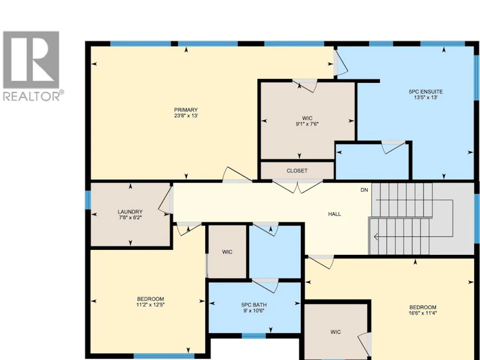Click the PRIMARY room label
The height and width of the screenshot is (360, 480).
pyautogui.click(x=185, y=110)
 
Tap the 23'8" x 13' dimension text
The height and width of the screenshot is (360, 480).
pyautogui.click(x=186, y=115)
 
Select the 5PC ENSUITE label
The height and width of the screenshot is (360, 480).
pyautogui.click(x=426, y=92)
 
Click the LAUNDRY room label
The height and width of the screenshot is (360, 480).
pyautogui.click(x=130, y=212)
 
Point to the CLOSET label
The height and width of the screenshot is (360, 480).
pyautogui.click(x=297, y=171)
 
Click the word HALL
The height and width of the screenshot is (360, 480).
pyautogui.click(x=335, y=214)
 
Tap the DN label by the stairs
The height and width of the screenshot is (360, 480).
pyautogui.click(x=364, y=190)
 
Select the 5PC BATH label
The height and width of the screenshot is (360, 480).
pyautogui.click(x=254, y=305)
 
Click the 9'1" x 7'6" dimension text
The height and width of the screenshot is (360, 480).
pyautogui.click(x=307, y=124)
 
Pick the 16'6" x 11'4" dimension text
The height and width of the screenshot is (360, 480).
pyautogui.click(x=423, y=313)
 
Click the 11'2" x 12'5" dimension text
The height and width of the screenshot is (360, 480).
pyautogui.click(x=150, y=305)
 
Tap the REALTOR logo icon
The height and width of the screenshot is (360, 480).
pyautogui.click(x=31, y=60)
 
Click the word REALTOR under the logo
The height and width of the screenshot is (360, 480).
pyautogui.click(x=31, y=96)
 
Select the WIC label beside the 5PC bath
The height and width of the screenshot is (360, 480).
pyautogui.click(x=227, y=252)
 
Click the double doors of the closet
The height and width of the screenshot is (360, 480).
pyautogui.click(x=297, y=186)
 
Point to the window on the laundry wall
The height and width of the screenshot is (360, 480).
pyautogui.click(x=88, y=199)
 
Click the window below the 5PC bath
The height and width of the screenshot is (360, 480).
pyautogui.click(x=254, y=336)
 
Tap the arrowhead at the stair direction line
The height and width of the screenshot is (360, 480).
pyautogui.click(x=376, y=236)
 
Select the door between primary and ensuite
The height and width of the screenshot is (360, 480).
pyautogui.click(x=340, y=63)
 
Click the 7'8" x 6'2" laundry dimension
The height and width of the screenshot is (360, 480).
pyautogui.click(x=130, y=217)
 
